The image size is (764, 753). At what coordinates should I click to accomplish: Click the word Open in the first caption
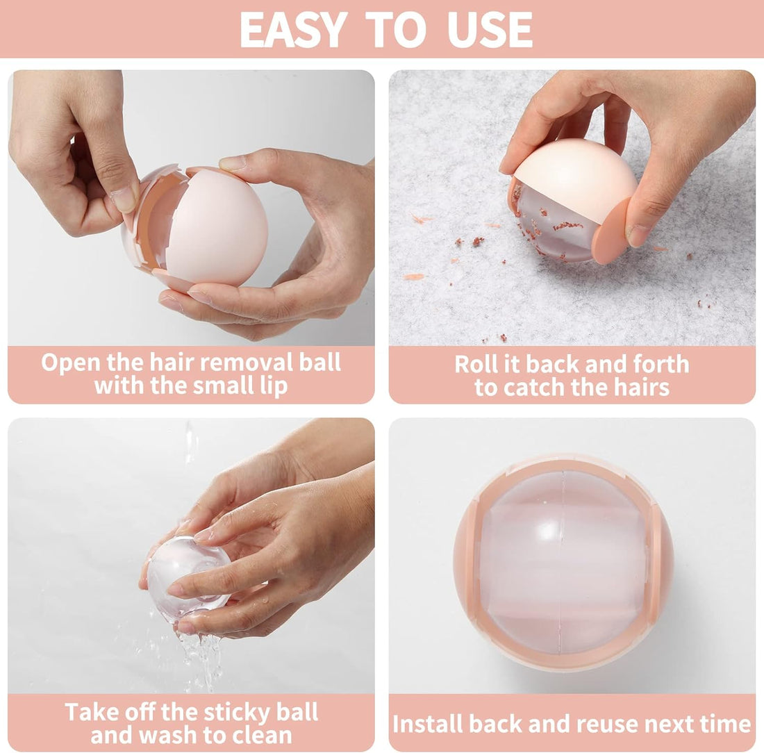71,363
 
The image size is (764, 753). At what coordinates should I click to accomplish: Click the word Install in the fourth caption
427,724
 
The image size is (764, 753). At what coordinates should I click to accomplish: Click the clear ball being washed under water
188,577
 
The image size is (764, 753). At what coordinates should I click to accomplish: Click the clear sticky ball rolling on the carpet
556,229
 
